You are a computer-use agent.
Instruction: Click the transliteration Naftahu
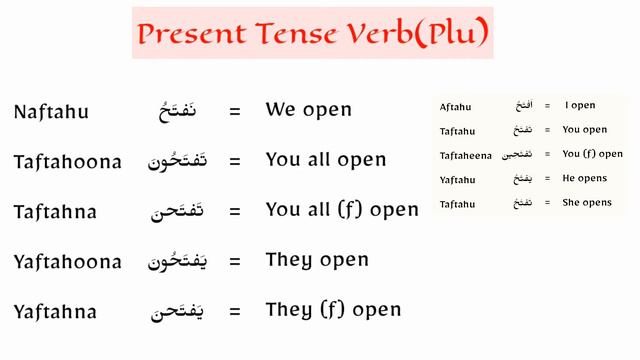[x=52, y=112]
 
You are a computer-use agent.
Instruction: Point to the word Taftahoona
[x=68, y=162]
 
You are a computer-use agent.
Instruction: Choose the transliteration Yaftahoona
[x=68, y=262]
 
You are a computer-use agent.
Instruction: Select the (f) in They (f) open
[x=334, y=310]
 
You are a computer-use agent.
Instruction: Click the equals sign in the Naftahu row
[x=235, y=112]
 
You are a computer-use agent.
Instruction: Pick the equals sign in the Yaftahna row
[x=235, y=312]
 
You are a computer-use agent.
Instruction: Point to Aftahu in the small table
[x=455, y=106]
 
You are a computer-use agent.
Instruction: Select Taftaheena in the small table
[x=465, y=155]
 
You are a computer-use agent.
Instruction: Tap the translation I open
[x=580, y=105]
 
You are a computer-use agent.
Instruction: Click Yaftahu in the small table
[x=456, y=179]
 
